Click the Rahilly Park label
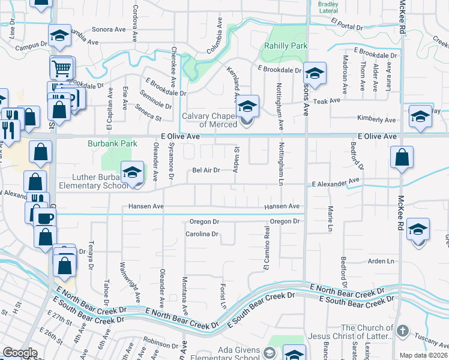pos(286,46)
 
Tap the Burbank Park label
pos(112,143)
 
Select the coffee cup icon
pos(44,218)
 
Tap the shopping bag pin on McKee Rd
pos(402,157)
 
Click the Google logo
pos(20,353)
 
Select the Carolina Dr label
pos(200,234)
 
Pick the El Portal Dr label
pos(348,27)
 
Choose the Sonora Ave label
pos(109,29)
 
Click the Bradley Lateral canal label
pos(328,7)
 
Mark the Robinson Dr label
pos(157,344)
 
